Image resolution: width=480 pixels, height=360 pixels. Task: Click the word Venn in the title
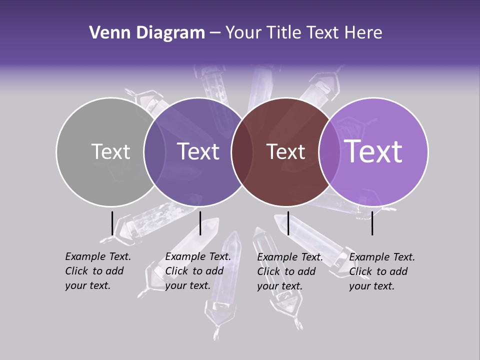click(105, 33)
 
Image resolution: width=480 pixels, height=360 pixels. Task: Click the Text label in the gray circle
click(110, 151)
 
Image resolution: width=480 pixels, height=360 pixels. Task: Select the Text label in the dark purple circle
click(198, 151)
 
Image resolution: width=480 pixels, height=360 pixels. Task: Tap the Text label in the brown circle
click(286, 151)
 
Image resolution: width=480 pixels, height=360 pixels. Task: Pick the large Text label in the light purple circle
click(373, 151)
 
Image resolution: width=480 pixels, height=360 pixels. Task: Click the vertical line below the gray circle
click(112, 223)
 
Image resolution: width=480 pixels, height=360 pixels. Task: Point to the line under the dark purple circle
click(200, 223)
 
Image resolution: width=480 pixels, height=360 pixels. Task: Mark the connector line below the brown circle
click(288, 223)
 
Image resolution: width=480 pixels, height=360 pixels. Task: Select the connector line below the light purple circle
click(372, 223)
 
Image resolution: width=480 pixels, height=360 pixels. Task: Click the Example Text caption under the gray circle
click(98, 271)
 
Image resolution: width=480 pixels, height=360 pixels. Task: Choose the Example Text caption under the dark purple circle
click(198, 271)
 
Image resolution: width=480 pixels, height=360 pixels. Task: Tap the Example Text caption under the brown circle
click(290, 271)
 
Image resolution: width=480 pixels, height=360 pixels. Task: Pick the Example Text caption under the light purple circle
click(382, 271)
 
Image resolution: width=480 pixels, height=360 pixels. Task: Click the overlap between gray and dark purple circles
click(154, 152)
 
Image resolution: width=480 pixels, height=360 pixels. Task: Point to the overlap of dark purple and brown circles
click(242, 152)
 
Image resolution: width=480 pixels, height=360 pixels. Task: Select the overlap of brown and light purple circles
click(330, 152)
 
